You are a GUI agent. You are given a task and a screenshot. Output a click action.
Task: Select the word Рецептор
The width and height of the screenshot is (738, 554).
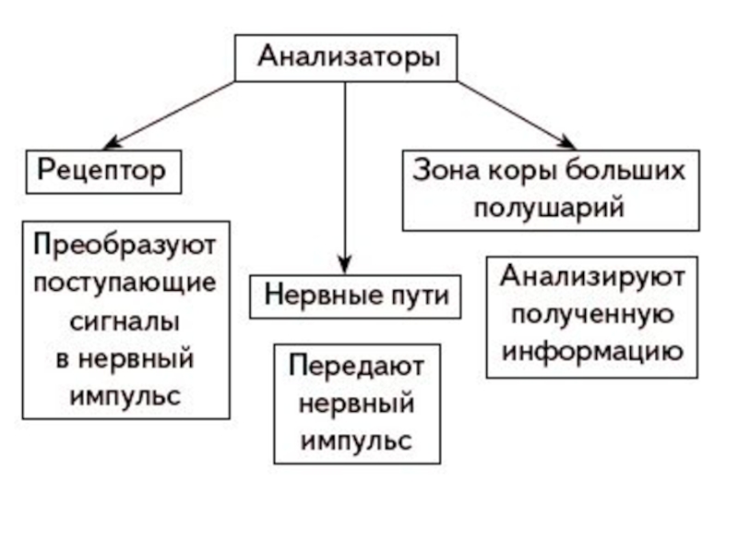101,170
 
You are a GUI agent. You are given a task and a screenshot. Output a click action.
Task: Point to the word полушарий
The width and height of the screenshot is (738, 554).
550,206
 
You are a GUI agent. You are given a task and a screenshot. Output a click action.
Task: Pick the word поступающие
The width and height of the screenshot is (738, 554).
125,282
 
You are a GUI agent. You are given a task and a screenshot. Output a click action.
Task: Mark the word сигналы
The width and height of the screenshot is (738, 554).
125,320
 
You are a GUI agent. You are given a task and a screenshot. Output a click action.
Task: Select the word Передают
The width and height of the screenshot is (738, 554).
357,366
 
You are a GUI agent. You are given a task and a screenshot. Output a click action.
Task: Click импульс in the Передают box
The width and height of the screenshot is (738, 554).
357,440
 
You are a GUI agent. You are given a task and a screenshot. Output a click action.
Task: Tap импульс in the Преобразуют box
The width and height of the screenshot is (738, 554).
125,396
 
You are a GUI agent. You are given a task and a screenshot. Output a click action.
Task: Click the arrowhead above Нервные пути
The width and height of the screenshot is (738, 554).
344,262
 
